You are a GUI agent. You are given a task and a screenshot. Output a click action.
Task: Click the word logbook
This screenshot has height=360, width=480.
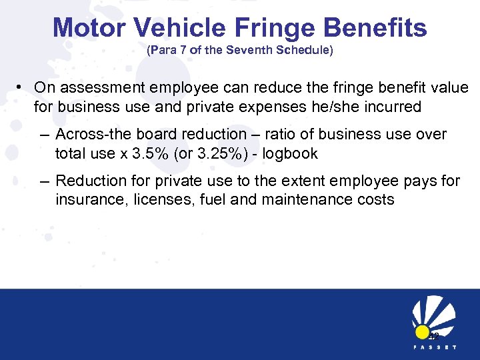tap(290, 153)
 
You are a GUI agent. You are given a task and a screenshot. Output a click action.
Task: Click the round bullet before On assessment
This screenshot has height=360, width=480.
tap(22, 88)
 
